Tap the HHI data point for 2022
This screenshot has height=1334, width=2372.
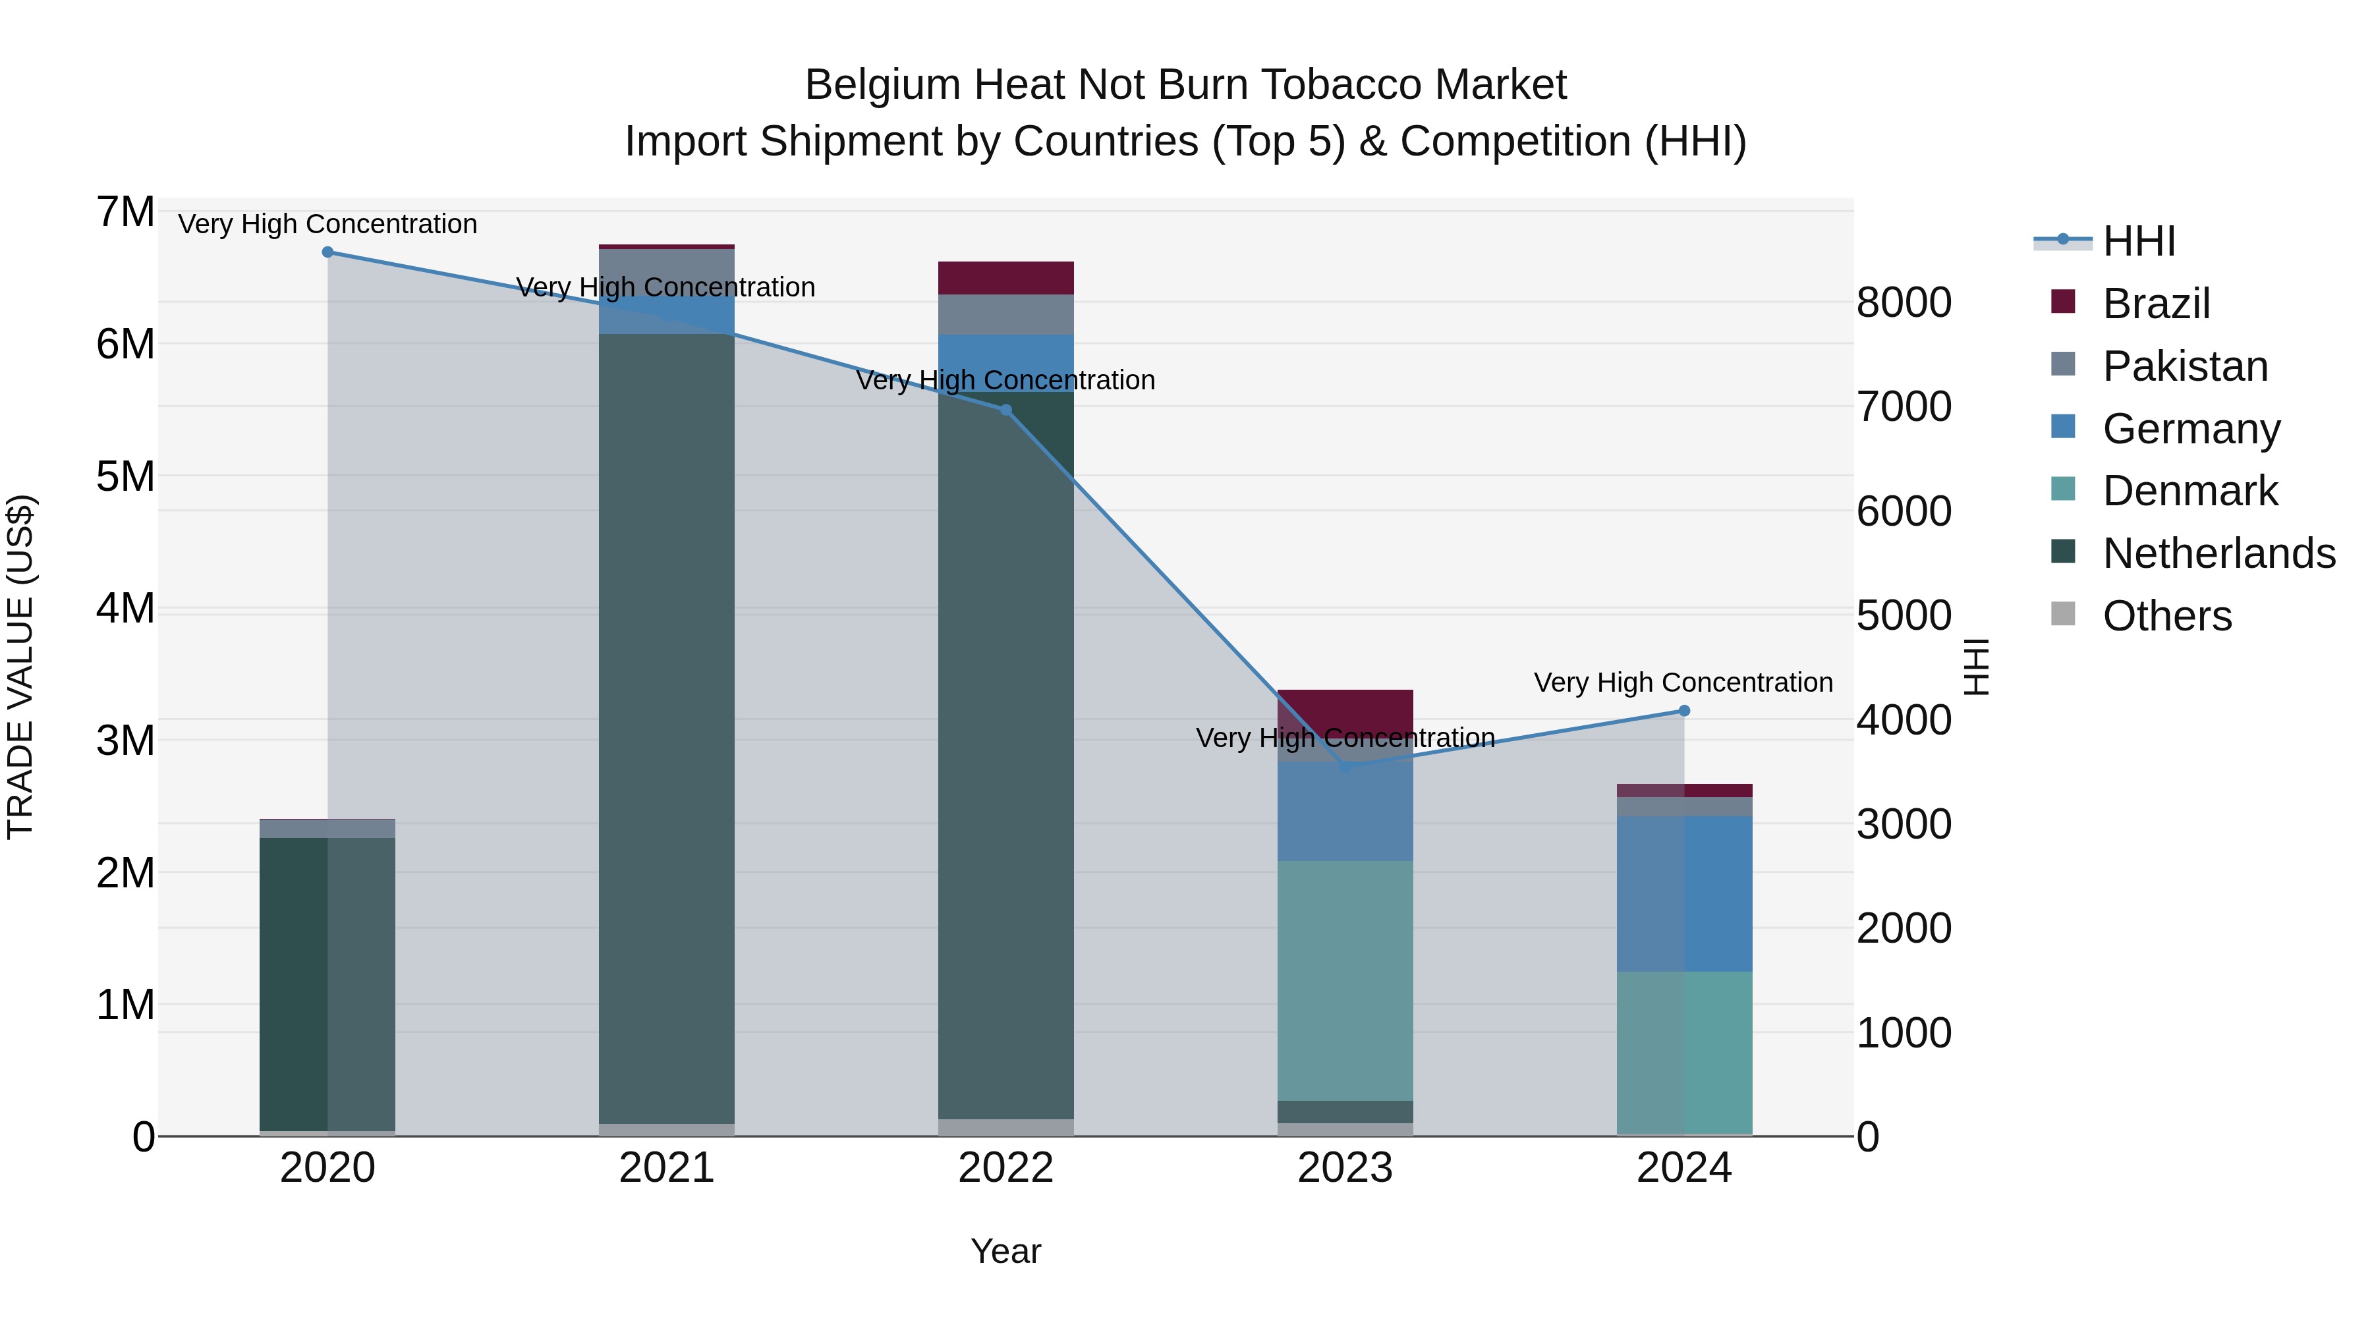(x=1005, y=410)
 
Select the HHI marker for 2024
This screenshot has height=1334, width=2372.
(x=1684, y=711)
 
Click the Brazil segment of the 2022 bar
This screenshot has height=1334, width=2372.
(x=1005, y=278)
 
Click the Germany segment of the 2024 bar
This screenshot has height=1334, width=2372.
(x=1684, y=893)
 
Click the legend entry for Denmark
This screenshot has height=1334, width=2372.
(x=2189, y=491)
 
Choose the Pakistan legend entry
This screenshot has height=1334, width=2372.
(x=2184, y=366)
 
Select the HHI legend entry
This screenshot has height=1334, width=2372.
(x=2138, y=241)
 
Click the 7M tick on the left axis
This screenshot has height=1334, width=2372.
(x=126, y=213)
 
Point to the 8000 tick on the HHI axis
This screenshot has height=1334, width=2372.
(x=1904, y=303)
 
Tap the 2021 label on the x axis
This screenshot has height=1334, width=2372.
(x=667, y=1168)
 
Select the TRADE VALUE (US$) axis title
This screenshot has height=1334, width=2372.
(x=21, y=667)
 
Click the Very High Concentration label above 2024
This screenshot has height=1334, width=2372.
(x=1683, y=683)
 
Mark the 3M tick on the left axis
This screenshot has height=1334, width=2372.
(x=126, y=741)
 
